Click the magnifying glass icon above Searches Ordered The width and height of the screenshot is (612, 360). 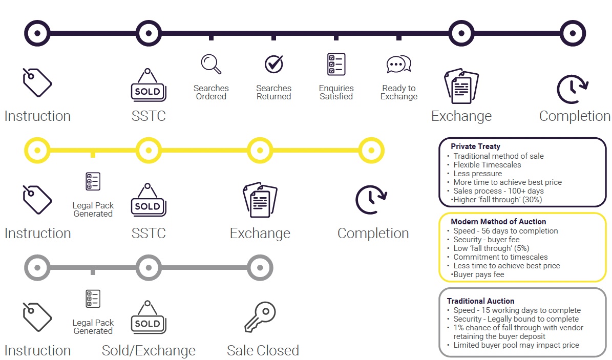(211, 64)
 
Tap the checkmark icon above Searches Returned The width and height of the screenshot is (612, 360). (274, 64)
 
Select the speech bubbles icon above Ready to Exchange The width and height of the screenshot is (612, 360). (398, 65)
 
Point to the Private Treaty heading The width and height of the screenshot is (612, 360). (475, 146)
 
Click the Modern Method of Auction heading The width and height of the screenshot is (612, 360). (498, 222)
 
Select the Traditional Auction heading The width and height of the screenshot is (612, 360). (480, 301)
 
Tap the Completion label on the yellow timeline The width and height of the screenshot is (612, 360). (373, 234)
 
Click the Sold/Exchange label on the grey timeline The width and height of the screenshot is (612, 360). (149, 351)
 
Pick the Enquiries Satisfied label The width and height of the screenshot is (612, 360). (336, 92)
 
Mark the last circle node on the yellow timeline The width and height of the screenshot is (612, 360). (371, 151)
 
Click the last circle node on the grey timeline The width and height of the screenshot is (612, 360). (260, 267)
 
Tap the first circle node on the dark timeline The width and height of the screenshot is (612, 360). (37, 33)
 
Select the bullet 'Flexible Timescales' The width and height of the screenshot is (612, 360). (487, 165)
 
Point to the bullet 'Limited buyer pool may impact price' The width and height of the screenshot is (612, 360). (516, 345)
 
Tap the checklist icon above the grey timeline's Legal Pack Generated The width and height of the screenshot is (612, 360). (93, 299)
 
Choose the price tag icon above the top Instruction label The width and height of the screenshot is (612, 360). (37, 82)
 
